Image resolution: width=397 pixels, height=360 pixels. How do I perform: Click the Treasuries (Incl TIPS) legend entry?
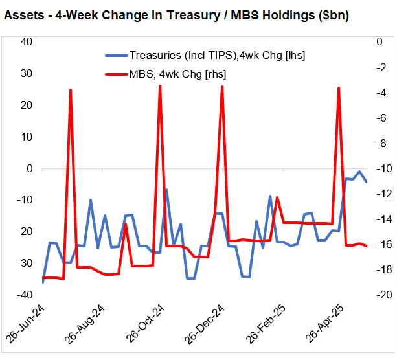click(x=217, y=56)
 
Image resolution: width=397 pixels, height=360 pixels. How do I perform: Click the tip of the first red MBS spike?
click(x=70, y=90)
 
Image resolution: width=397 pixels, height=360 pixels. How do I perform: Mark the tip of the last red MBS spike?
click(x=339, y=87)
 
